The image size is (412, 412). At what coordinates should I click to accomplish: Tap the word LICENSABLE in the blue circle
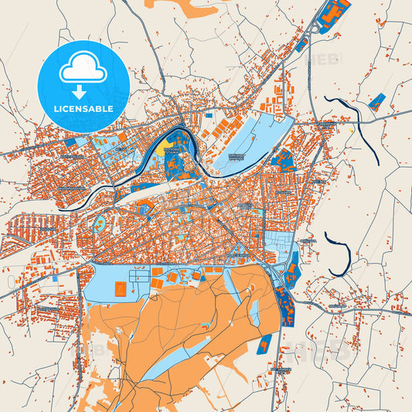[83, 108]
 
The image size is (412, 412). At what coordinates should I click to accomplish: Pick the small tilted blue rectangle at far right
[377, 102]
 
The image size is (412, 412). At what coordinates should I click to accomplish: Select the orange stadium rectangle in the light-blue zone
[121, 289]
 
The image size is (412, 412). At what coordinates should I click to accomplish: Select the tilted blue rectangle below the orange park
[265, 342]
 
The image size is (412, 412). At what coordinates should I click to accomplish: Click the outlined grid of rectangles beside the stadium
[139, 274]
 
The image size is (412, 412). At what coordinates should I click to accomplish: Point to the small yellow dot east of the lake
[352, 131]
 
